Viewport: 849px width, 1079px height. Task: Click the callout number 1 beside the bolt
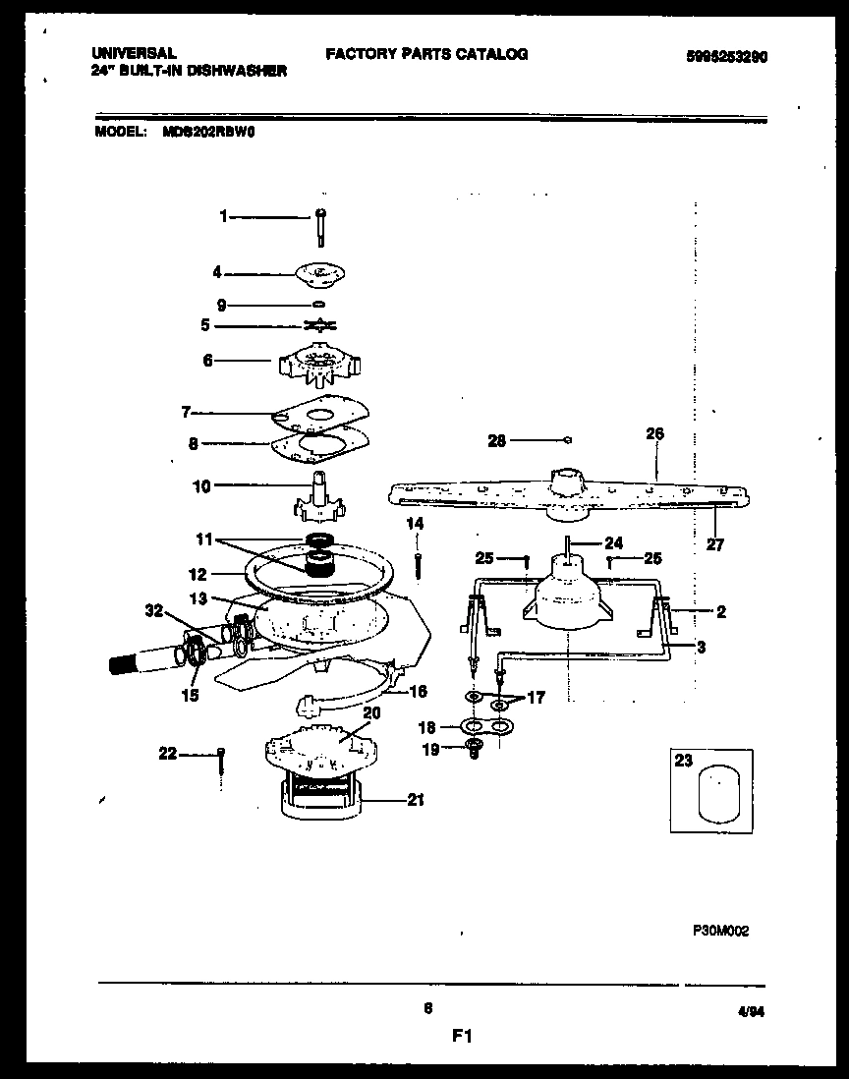223,216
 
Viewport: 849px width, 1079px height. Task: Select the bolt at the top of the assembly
322,227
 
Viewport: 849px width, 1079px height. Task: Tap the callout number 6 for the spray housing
207,361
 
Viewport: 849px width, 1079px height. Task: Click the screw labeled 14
419,566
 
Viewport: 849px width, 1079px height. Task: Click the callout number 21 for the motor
415,800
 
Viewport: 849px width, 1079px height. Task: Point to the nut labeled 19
474,751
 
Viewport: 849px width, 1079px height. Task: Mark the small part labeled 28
569,439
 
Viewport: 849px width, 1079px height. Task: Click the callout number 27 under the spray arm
715,545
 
